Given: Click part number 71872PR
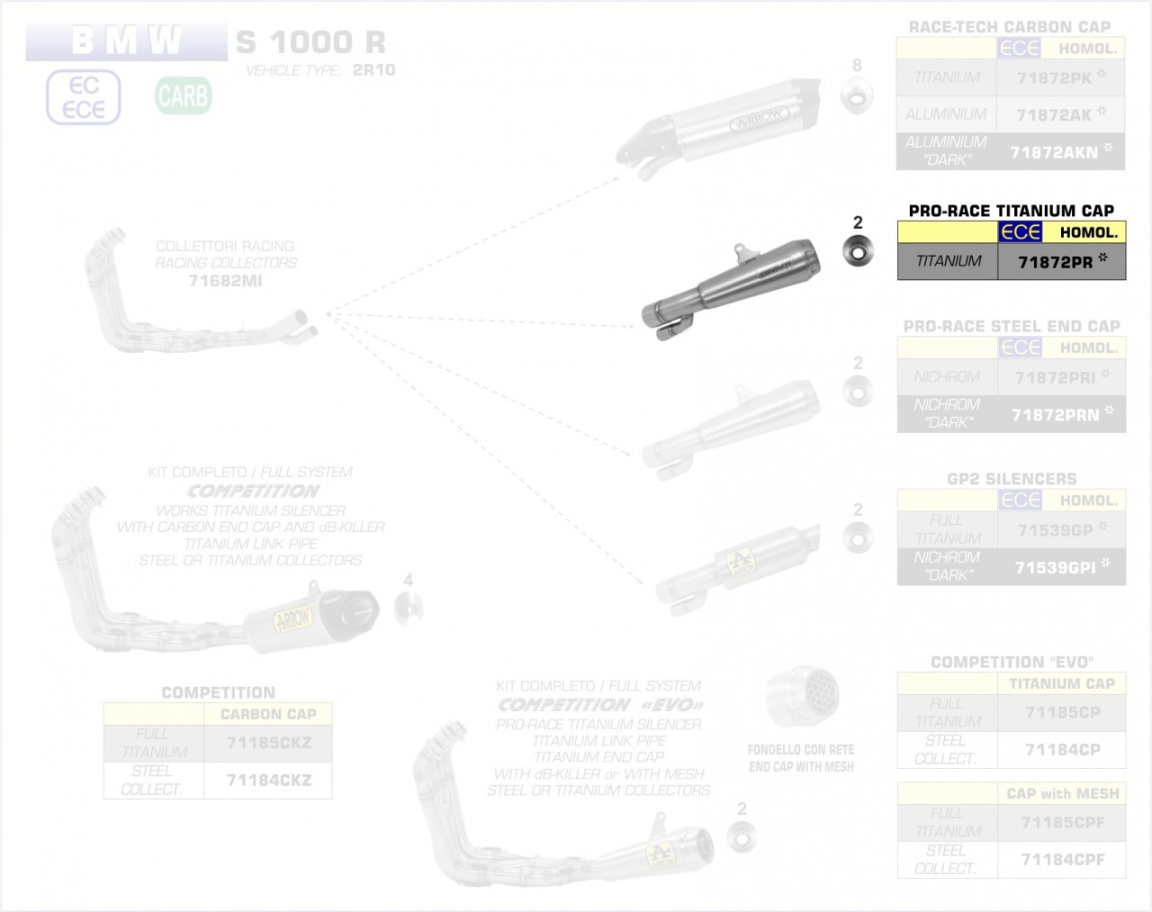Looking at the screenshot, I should click(1055, 262).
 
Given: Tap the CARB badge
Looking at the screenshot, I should click(184, 95).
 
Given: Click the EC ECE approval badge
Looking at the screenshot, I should click(84, 97).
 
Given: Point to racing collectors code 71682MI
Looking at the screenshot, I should click(225, 281).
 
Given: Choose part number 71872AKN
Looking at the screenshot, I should click(1054, 152).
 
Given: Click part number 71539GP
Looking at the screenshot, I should click(1054, 530).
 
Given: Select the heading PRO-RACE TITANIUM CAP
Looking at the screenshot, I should click(1011, 211).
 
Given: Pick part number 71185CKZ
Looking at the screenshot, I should click(268, 744).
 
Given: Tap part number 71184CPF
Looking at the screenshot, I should click(1062, 859).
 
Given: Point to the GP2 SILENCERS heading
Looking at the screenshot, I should click(1012, 479).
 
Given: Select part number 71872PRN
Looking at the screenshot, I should click(1055, 415).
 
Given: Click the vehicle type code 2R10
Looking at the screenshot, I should click(373, 70).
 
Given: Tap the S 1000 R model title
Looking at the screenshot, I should click(310, 41).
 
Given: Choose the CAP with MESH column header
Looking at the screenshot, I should click(1062, 793).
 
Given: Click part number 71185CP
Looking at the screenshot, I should click(1062, 712).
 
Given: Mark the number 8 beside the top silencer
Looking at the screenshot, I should click(857, 65).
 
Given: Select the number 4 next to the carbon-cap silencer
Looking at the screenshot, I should click(409, 581).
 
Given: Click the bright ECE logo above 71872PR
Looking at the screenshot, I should click(1021, 232).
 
